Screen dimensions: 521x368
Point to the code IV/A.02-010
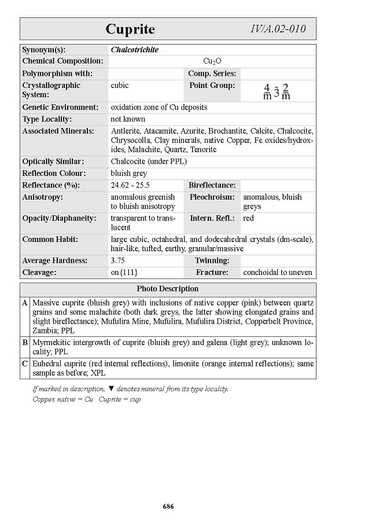coord(278,29)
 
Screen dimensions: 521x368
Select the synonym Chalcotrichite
coord(134,50)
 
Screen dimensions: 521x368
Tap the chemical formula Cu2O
coord(212,61)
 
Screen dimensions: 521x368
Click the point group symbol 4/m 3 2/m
coord(277,91)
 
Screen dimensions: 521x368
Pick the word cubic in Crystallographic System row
coord(120,85)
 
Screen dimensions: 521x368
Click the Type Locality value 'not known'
coord(128,119)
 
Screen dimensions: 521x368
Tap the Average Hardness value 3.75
coord(117,260)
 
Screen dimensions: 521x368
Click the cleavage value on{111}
coord(124,272)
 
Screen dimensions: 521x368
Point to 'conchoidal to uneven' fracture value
coord(278,272)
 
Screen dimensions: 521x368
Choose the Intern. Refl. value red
coord(248,218)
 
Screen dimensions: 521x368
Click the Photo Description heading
coord(168,289)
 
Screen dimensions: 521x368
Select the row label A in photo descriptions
coord(25,303)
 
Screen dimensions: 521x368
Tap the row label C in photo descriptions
coord(25,364)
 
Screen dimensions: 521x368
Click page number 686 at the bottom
coord(168,507)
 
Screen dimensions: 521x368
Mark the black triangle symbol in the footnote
coord(111,389)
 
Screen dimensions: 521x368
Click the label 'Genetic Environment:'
coord(60,107)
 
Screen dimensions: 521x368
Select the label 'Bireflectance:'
coord(212,185)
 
